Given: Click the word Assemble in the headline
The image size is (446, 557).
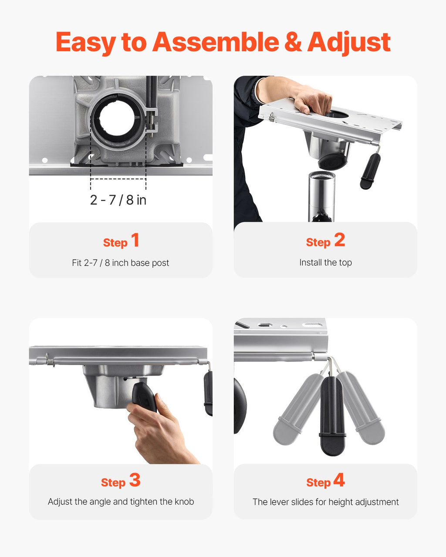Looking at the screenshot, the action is pyautogui.click(x=216, y=42).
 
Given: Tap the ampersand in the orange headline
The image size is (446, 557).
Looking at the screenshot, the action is pyautogui.click(x=293, y=42).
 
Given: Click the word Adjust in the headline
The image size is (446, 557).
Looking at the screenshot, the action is pyautogui.click(x=349, y=43).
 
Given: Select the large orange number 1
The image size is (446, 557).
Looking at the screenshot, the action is pyautogui.click(x=135, y=240).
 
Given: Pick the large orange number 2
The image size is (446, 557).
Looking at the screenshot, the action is pyautogui.click(x=339, y=240).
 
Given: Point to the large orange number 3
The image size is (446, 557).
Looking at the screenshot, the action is pyautogui.click(x=135, y=480).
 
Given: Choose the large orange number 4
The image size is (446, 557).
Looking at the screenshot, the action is pyautogui.click(x=339, y=480).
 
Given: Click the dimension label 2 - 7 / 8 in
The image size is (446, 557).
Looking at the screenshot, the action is pyautogui.click(x=118, y=200).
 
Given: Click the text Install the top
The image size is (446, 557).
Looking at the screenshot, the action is pyautogui.click(x=325, y=262).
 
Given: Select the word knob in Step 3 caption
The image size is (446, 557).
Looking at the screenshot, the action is pyautogui.click(x=184, y=502).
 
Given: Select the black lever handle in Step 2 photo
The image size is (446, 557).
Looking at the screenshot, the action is pyautogui.click(x=370, y=171).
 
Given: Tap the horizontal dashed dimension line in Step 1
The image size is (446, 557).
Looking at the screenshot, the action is pyautogui.click(x=118, y=178).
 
